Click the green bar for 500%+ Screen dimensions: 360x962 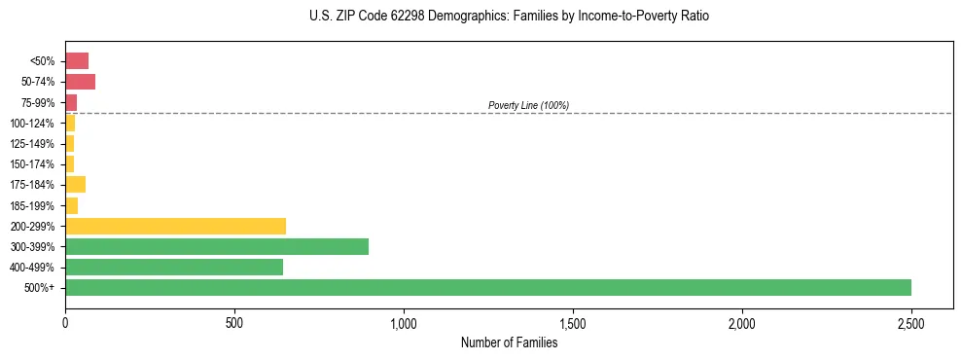point(487,287)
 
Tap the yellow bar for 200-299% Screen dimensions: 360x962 point(175,226)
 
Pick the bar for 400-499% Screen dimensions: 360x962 point(174,267)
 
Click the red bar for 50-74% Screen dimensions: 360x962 point(80,82)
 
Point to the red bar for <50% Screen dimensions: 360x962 point(77,61)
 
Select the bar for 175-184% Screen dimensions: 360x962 point(75,185)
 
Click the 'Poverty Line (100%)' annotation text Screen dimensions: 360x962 point(528,105)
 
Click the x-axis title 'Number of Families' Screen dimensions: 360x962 point(509,342)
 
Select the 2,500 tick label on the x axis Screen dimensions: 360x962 point(911,322)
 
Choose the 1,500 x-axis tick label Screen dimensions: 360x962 point(573,322)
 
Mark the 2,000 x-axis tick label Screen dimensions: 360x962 point(742,322)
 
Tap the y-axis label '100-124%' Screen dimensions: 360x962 point(32,124)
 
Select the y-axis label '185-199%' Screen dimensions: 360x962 point(32,205)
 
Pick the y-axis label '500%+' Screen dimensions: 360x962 point(40,288)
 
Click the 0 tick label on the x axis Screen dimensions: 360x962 point(65,322)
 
